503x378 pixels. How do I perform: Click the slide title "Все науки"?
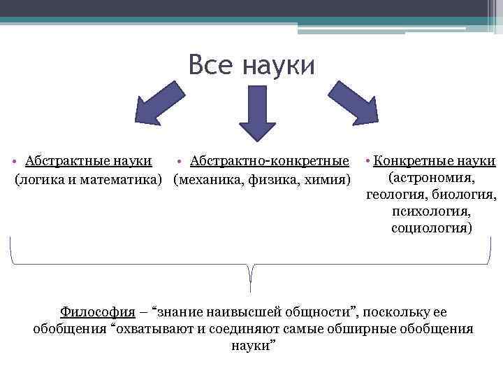(x=251, y=66)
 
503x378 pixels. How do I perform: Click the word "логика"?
(x=43, y=180)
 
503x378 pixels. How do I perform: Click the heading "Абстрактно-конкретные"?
(x=270, y=162)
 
